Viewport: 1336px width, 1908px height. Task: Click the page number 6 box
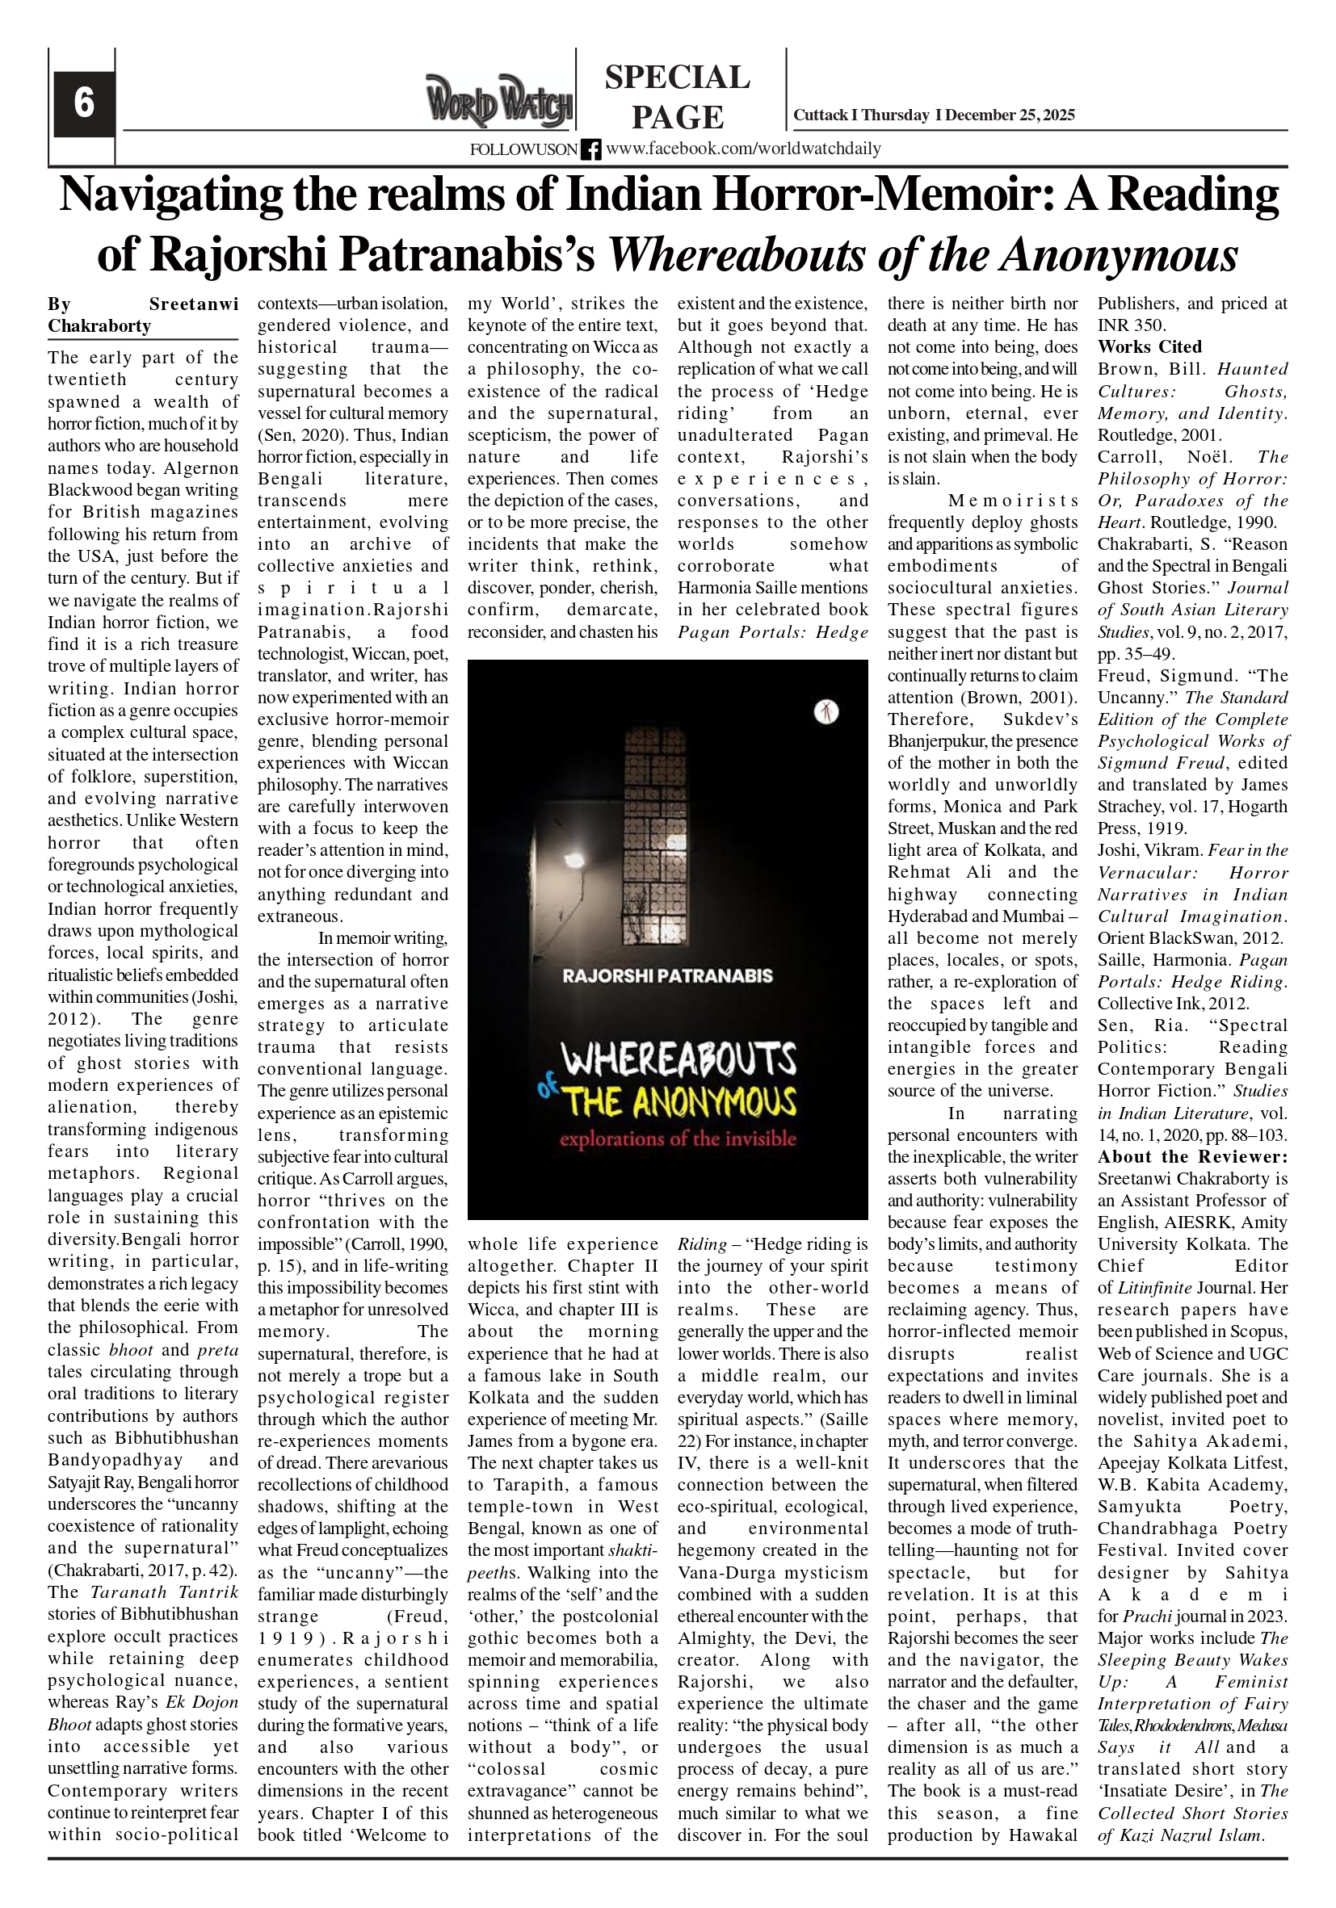click(84, 103)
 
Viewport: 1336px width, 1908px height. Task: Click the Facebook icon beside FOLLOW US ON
click(591, 149)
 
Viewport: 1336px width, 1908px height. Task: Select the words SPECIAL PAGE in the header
click(677, 96)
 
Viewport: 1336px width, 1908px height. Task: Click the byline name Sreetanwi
click(194, 304)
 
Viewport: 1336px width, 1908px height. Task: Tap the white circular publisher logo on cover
click(826, 711)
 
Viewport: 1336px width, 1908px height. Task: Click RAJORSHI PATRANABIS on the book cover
click(667, 975)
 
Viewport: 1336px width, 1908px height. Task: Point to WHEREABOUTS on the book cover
click(679, 1060)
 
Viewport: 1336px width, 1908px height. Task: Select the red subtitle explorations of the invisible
click(678, 1139)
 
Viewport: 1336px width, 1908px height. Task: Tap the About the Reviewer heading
click(1192, 1157)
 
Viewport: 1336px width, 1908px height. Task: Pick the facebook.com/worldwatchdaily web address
click(743, 149)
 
